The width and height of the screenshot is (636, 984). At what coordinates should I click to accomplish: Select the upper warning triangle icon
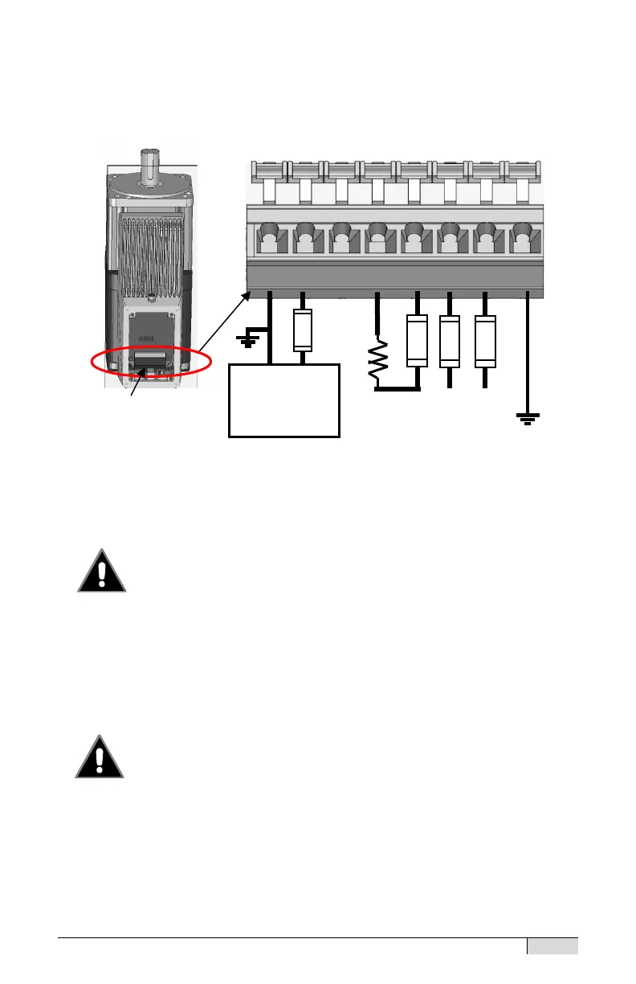[102, 572]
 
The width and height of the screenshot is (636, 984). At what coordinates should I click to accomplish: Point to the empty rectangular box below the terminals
[284, 400]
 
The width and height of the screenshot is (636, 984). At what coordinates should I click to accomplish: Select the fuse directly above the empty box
[302, 330]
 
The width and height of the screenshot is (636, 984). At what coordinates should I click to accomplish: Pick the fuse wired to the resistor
[416, 341]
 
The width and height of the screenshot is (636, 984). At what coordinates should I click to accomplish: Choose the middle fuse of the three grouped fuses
[450, 341]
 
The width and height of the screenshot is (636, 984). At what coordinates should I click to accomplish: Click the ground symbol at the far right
[528, 417]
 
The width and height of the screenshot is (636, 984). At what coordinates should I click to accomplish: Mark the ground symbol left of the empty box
[248, 342]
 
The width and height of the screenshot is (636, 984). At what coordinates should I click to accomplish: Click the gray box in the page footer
[552, 947]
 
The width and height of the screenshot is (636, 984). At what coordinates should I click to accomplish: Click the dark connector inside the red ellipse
[151, 359]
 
